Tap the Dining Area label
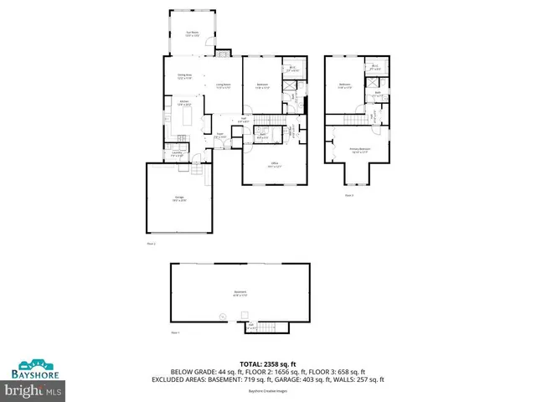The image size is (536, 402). click(184, 77)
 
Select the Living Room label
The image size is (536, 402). click(223, 85)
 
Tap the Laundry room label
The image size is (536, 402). click(177, 154)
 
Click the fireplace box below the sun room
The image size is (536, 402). click(222, 52)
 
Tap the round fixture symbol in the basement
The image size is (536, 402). click(223, 316)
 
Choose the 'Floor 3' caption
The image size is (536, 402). click(349, 195)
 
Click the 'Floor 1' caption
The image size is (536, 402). click(176, 332)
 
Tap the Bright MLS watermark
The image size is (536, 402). click(33, 390)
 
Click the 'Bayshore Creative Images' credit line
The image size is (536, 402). click(268, 392)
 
